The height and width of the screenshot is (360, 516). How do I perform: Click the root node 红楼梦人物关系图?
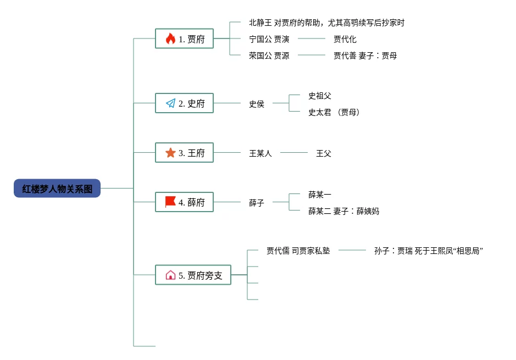tap(57, 189)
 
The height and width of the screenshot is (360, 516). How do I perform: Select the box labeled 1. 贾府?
tap(184, 39)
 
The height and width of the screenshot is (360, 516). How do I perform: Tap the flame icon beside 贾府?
tap(170, 39)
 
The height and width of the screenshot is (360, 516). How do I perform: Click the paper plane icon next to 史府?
tap(170, 103)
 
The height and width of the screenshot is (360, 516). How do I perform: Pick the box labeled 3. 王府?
tap(184, 153)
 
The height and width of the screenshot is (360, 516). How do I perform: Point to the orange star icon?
tap(170, 153)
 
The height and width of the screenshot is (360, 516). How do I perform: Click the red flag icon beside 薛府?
tap(170, 202)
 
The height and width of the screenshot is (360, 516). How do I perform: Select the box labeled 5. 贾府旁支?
tap(193, 275)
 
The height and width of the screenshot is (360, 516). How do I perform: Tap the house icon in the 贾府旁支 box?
tap(170, 275)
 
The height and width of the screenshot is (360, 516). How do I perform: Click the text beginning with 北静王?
tap(326, 23)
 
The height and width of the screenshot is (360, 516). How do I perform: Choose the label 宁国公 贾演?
tap(269, 40)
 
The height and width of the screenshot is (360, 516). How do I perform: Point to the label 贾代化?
tap(345, 40)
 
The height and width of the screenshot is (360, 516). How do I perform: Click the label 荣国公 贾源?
tap(269, 56)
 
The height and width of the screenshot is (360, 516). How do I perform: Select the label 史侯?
tap(257, 104)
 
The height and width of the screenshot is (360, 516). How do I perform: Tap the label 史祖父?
tap(319, 96)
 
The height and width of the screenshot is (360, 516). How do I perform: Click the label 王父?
tap(323, 153)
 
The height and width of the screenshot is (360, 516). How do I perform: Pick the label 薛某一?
tap(319, 195)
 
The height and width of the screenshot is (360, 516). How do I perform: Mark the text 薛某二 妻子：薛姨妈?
tap(343, 211)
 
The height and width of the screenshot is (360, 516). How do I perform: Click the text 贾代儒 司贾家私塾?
tap(298, 251)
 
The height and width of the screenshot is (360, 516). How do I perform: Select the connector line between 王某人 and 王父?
tap(294, 153)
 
